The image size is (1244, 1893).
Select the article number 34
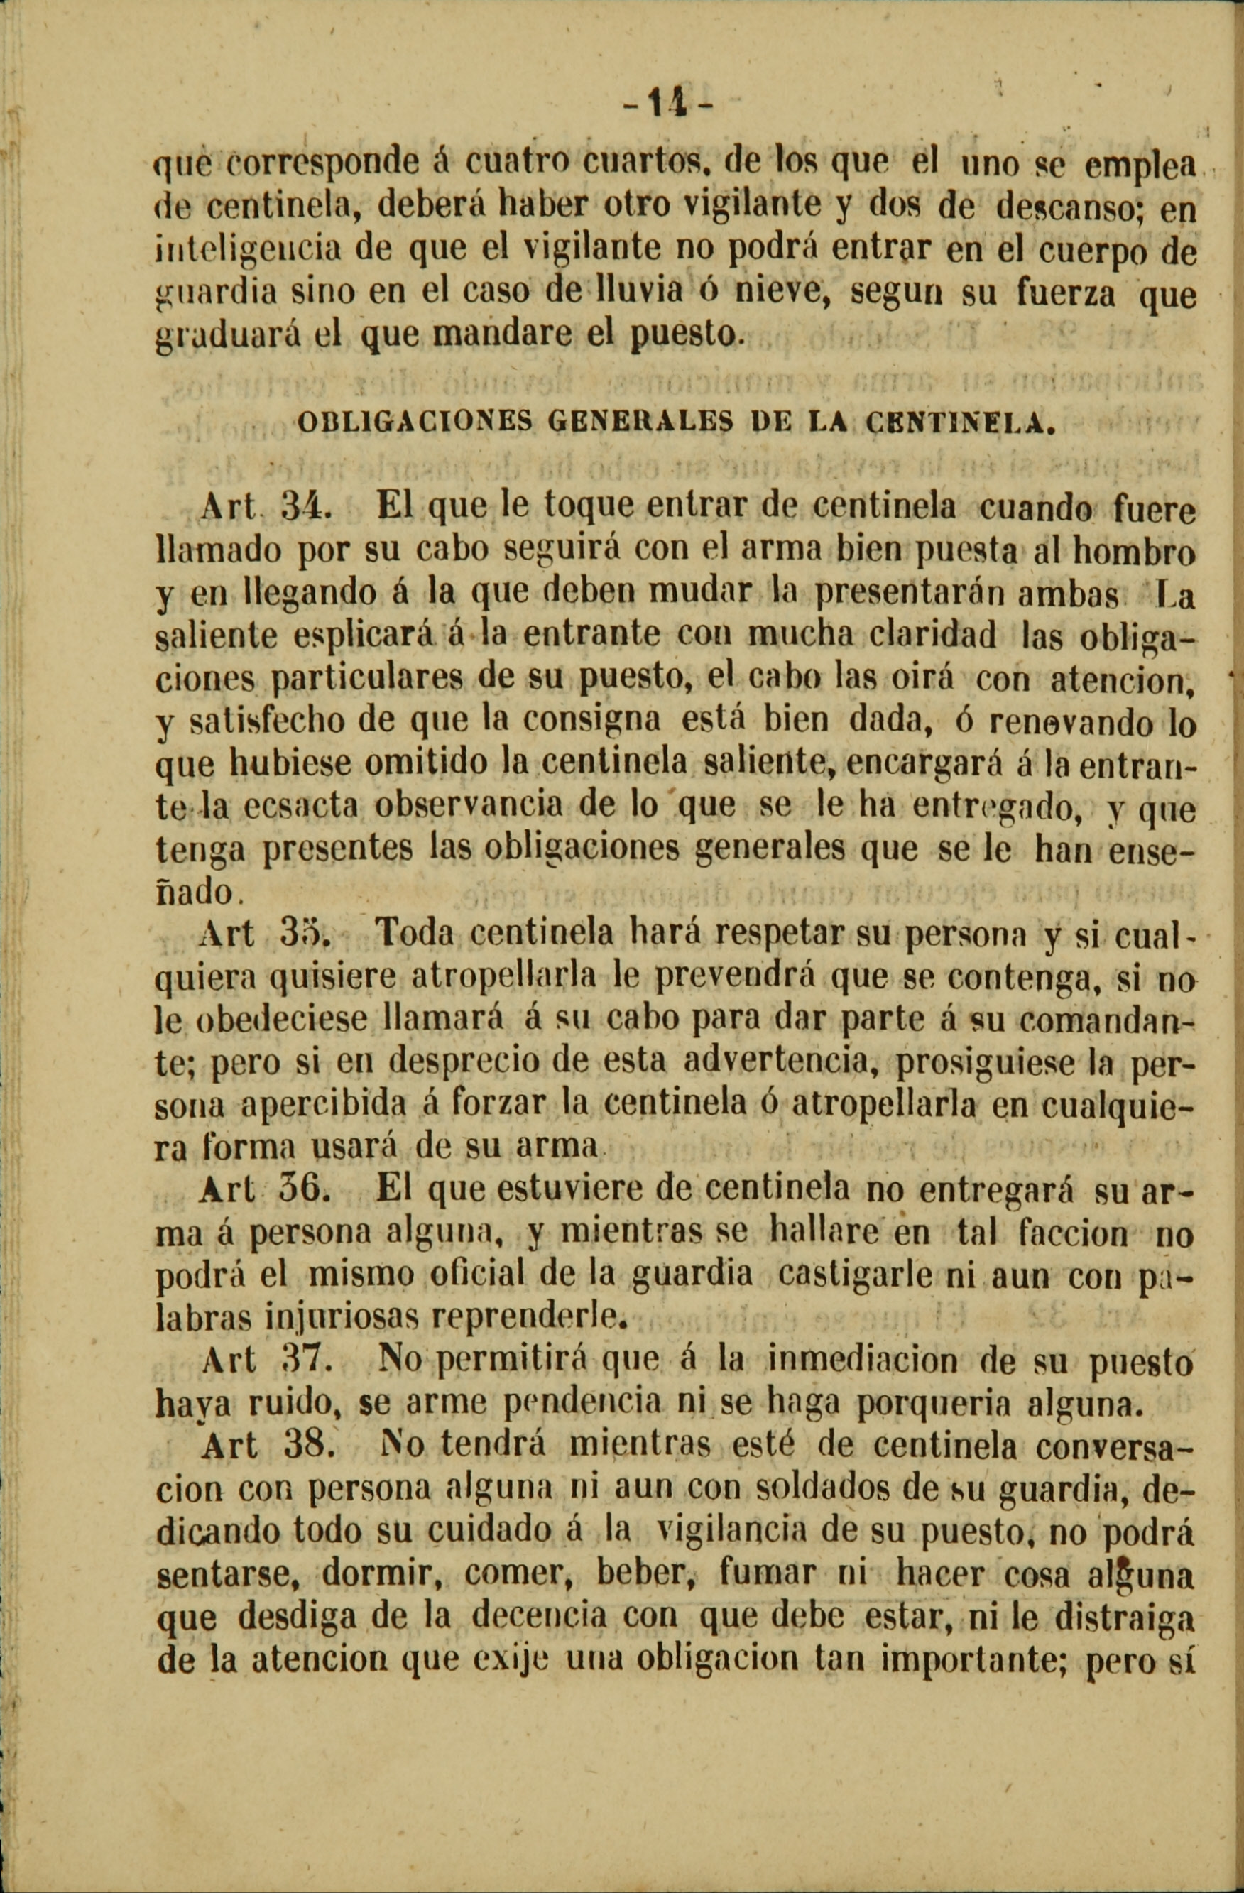[x=300, y=506]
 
